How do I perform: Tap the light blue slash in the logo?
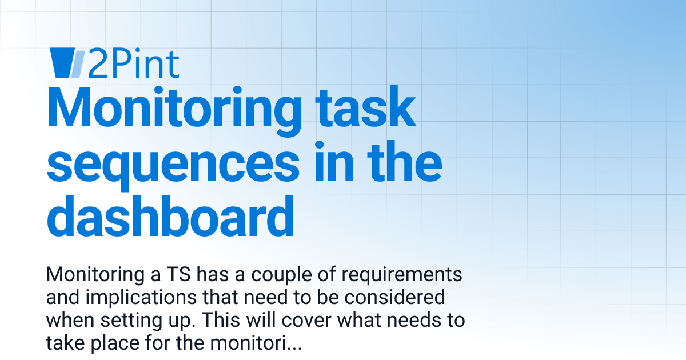tap(79, 63)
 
